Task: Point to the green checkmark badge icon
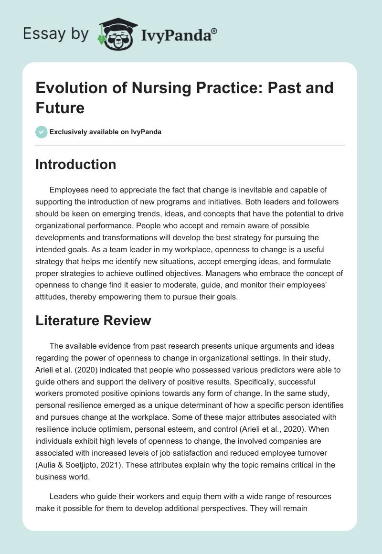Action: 42,132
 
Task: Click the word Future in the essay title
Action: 60,107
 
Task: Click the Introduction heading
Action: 75,165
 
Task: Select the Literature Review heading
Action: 93,321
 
